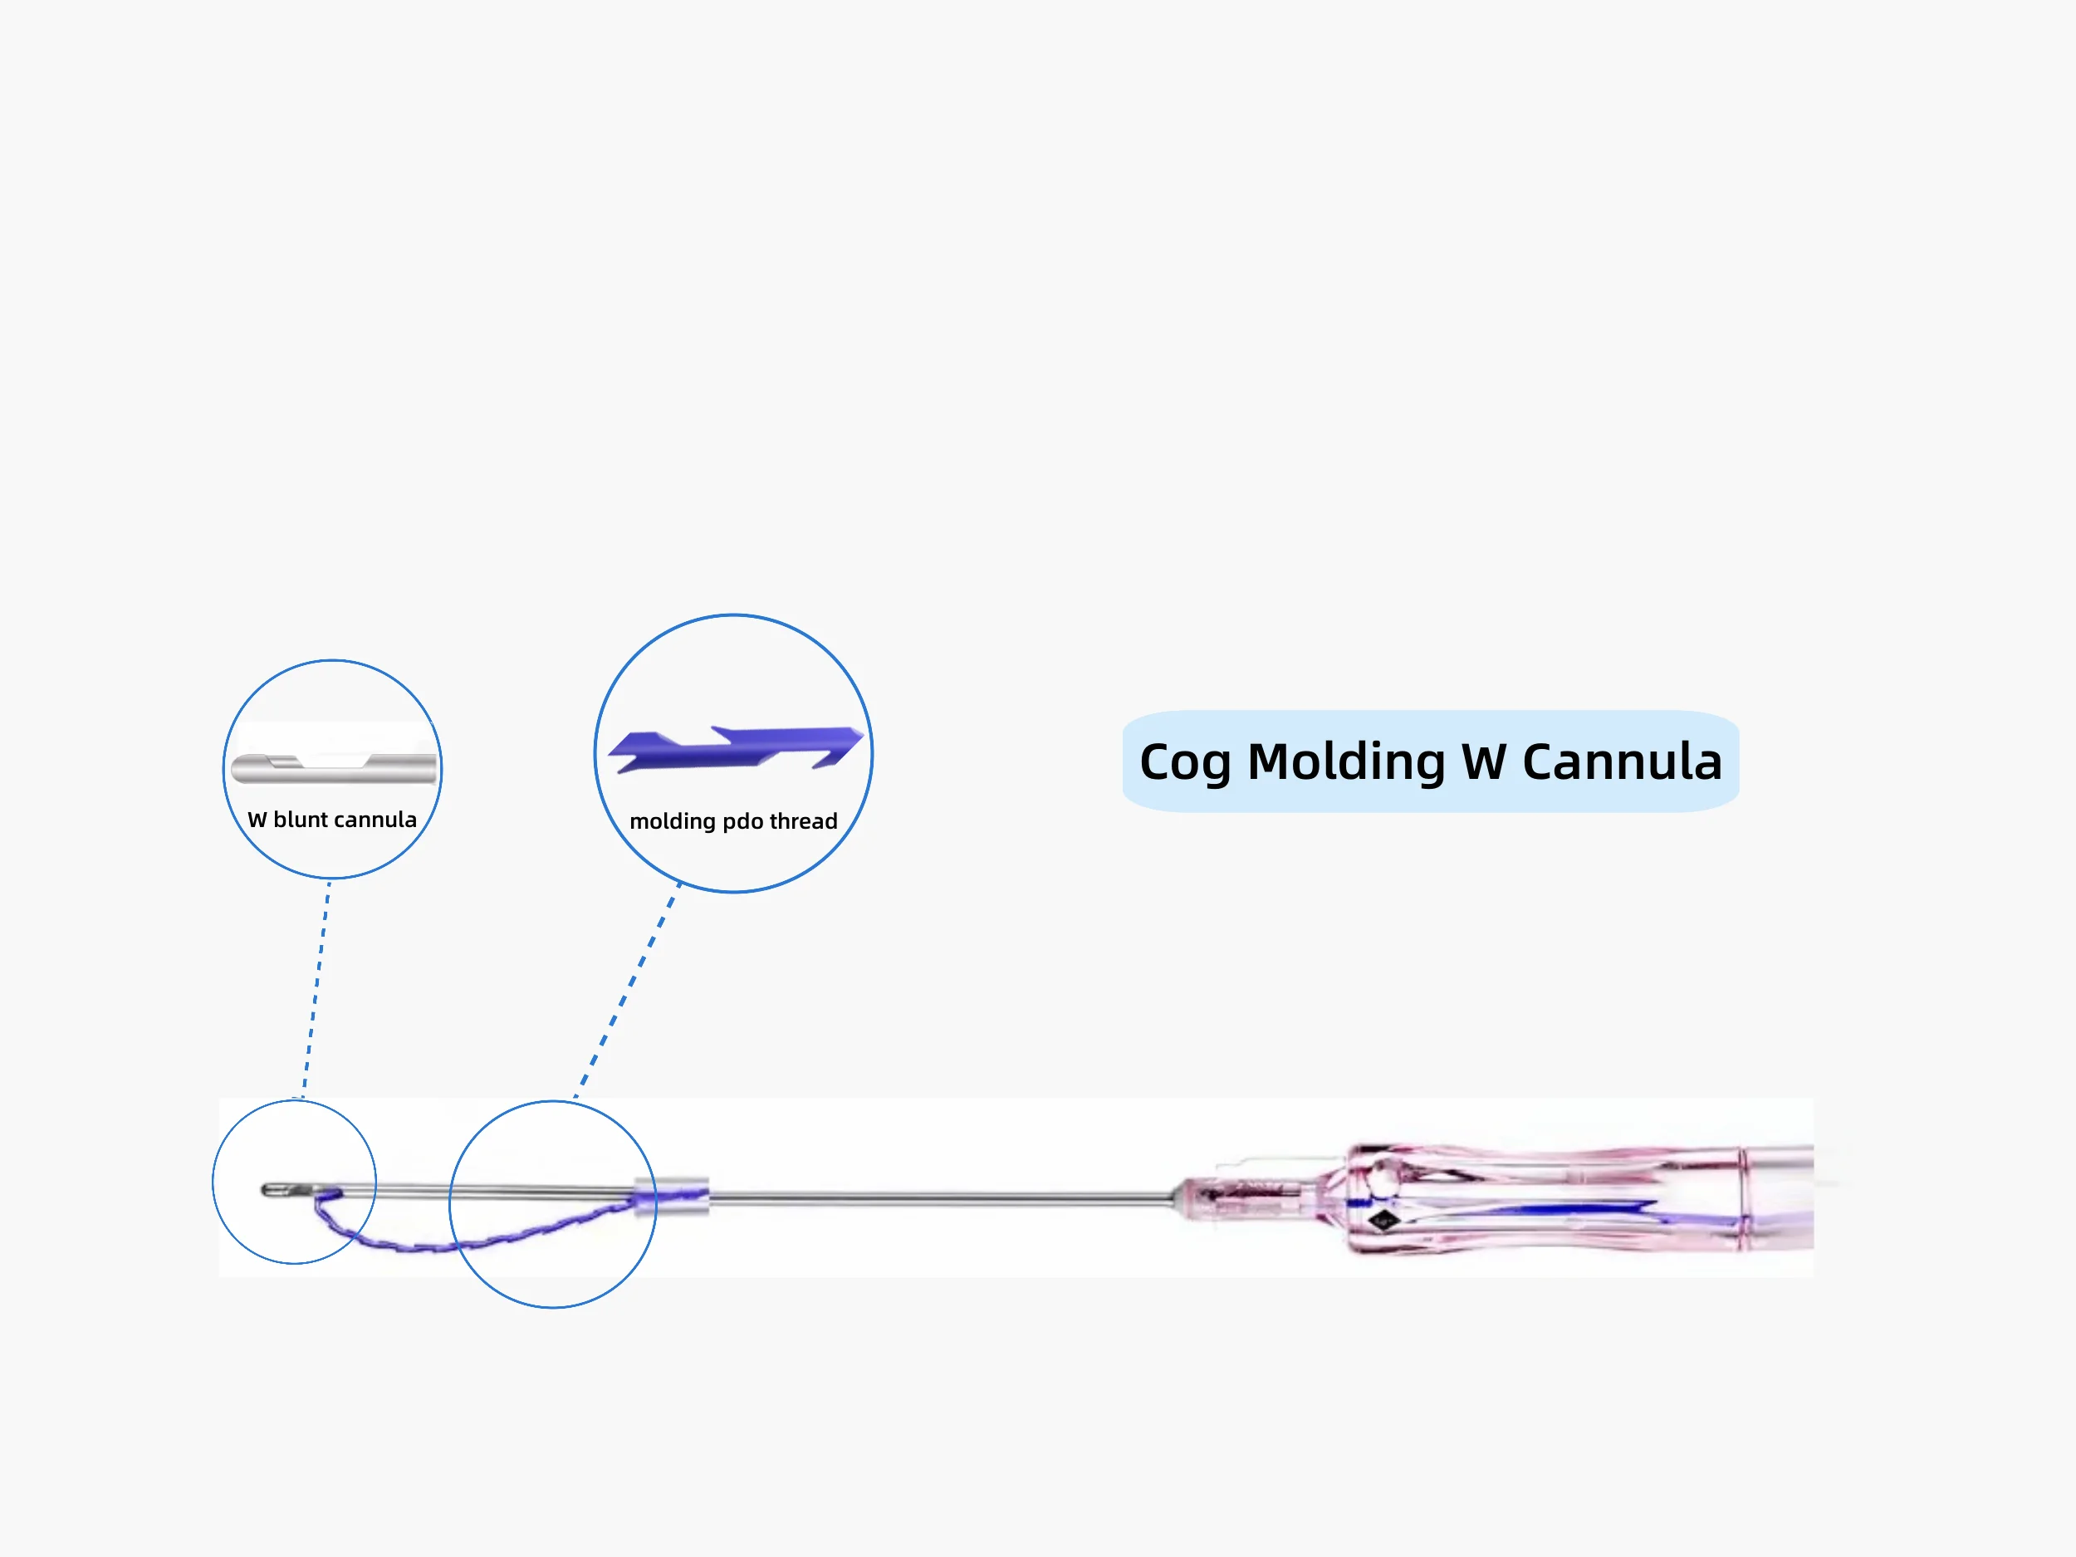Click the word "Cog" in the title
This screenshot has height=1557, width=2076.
[x=1184, y=762]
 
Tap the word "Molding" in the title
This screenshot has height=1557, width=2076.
[x=1346, y=761]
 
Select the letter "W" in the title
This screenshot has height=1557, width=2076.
[x=1484, y=761]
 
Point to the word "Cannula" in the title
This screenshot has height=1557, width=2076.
[x=1622, y=761]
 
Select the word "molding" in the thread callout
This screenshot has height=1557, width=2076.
[x=672, y=821]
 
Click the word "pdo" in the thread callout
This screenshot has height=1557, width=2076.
[x=742, y=822]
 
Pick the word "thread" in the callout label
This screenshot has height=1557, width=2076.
[x=803, y=821]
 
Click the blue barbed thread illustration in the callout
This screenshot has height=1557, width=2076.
[x=734, y=748]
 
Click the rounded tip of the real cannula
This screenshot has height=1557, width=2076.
[x=267, y=1190]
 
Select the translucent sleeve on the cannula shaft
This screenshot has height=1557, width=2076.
[x=671, y=1197]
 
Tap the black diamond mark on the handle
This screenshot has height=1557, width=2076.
[x=1383, y=1221]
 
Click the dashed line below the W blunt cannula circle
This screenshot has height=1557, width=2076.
[x=316, y=986]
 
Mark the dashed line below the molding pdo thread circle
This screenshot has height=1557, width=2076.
[x=627, y=990]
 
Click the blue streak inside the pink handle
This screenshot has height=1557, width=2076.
[x=1540, y=1208]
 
